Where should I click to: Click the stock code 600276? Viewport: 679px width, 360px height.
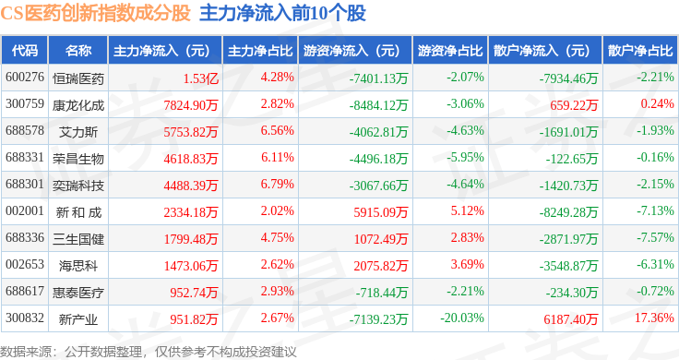coord(25,78)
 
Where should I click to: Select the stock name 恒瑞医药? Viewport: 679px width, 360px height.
coord(78,78)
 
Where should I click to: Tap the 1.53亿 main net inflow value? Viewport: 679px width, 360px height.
coord(200,78)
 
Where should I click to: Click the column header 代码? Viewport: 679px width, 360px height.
coord(25,50)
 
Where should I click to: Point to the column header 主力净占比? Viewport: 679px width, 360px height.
coord(260,50)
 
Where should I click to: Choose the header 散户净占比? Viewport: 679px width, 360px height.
coord(640,50)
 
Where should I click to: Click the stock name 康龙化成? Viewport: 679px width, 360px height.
coord(78,105)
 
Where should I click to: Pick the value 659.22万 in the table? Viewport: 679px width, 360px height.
coord(574,105)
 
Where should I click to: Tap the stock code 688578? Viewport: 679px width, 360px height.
coord(25,130)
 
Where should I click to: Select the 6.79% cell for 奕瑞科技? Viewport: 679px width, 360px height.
coord(277,184)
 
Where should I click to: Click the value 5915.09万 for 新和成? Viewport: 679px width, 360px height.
coord(381,212)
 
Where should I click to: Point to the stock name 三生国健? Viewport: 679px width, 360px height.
coord(78,239)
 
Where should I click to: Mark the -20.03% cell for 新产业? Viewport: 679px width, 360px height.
coord(462,318)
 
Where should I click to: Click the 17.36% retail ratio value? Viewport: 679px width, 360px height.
coord(654,318)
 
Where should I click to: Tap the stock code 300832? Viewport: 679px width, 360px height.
coord(25,318)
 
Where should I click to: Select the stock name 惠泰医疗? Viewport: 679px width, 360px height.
coord(78,293)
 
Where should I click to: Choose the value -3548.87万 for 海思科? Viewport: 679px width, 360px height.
coord(568,266)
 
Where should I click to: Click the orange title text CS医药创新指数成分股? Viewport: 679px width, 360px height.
coord(95,13)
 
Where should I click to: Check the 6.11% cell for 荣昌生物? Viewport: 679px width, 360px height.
coord(277,157)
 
